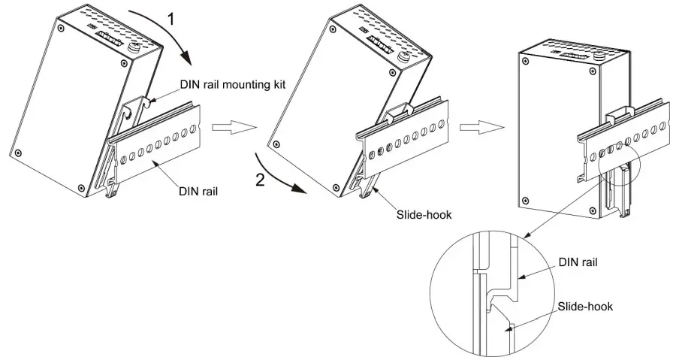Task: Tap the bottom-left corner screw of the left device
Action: tap(18, 154)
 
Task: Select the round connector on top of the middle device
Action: tap(403, 57)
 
